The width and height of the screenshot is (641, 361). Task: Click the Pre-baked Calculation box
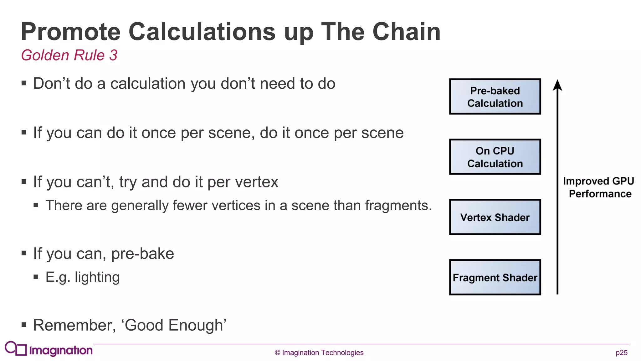(x=495, y=97)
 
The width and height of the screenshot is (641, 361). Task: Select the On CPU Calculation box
(x=495, y=157)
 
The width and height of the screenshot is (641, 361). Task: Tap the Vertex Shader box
(x=495, y=217)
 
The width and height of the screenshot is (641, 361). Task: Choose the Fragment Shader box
(x=495, y=277)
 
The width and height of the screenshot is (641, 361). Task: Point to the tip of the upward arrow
(x=557, y=81)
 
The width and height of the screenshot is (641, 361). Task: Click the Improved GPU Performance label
(x=598, y=187)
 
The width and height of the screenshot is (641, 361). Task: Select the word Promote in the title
(x=71, y=32)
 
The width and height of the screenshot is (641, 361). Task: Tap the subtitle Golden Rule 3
(x=69, y=55)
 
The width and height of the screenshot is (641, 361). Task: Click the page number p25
(x=621, y=353)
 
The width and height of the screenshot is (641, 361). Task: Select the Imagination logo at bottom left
(x=49, y=349)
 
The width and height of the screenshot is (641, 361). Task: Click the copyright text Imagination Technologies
(x=319, y=353)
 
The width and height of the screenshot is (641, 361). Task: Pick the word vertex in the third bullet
(x=257, y=182)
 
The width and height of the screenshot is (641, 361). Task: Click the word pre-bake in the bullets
(x=142, y=254)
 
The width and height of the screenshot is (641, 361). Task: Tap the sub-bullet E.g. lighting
(x=82, y=277)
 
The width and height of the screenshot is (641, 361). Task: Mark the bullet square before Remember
(x=24, y=325)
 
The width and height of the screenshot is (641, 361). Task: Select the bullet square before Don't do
(x=24, y=83)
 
